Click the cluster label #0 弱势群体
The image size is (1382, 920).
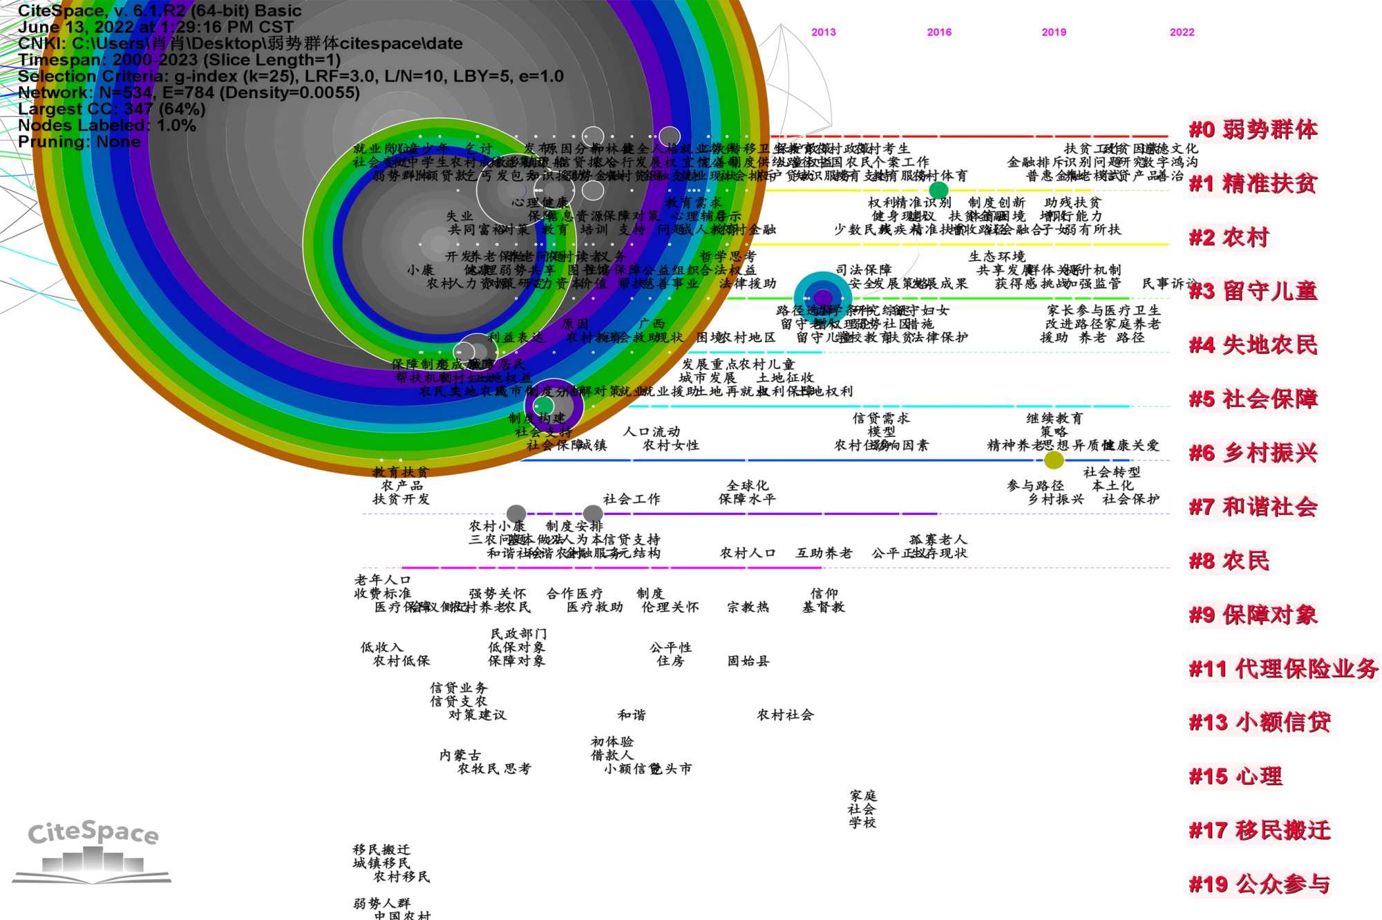[1253, 130]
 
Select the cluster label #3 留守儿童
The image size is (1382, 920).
[1253, 291]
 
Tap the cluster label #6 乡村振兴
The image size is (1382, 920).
[1253, 453]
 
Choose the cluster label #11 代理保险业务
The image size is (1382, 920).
[1283, 668]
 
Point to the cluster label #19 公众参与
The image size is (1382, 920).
[1259, 884]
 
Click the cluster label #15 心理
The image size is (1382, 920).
[1236, 776]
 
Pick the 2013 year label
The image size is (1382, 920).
[823, 32]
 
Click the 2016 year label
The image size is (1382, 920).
[939, 32]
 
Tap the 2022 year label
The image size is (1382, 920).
[1182, 32]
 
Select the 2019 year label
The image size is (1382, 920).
[1054, 32]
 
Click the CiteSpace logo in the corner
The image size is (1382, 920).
[92, 852]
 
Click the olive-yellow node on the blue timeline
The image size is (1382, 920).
[1054, 460]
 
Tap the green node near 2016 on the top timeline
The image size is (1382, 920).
[938, 189]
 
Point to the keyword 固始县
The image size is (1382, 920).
[748, 661]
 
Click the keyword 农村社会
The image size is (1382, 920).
[785, 715]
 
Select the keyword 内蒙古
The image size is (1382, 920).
[460, 755]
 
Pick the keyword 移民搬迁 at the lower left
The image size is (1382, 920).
[381, 849]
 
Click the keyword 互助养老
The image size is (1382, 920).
[824, 553]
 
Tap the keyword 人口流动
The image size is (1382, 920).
[652, 432]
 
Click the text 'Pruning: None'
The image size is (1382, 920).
[79, 142]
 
